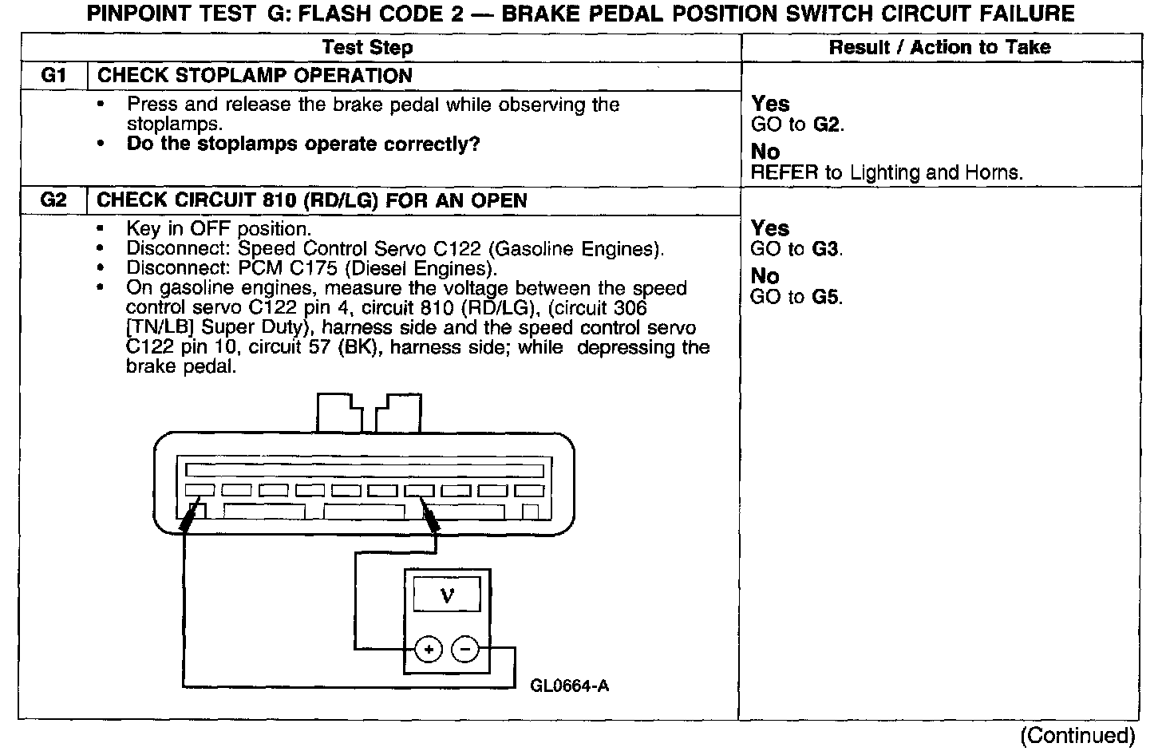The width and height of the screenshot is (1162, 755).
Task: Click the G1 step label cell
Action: tap(53, 77)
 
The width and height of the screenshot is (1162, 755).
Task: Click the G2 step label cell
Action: tap(53, 200)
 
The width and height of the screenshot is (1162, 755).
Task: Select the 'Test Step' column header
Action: tap(367, 48)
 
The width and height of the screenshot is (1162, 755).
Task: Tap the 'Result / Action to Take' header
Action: tap(939, 48)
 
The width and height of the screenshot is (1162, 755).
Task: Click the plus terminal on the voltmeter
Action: tap(429, 650)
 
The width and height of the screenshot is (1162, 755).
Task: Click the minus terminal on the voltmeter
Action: tap(465, 650)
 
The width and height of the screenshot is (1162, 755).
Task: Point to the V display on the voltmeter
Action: tap(447, 595)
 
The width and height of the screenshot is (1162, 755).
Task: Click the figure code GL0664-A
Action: tap(569, 686)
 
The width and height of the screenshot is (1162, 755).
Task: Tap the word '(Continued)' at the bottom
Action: tap(1077, 736)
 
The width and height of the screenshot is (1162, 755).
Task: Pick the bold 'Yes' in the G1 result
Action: tap(770, 105)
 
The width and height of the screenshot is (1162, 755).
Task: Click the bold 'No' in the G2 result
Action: tap(765, 276)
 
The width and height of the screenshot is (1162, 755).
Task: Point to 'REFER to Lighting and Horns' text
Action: tap(887, 172)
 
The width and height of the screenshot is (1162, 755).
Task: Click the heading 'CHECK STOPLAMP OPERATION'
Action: tap(255, 77)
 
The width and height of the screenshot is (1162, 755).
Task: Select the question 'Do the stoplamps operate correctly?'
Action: tap(303, 144)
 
